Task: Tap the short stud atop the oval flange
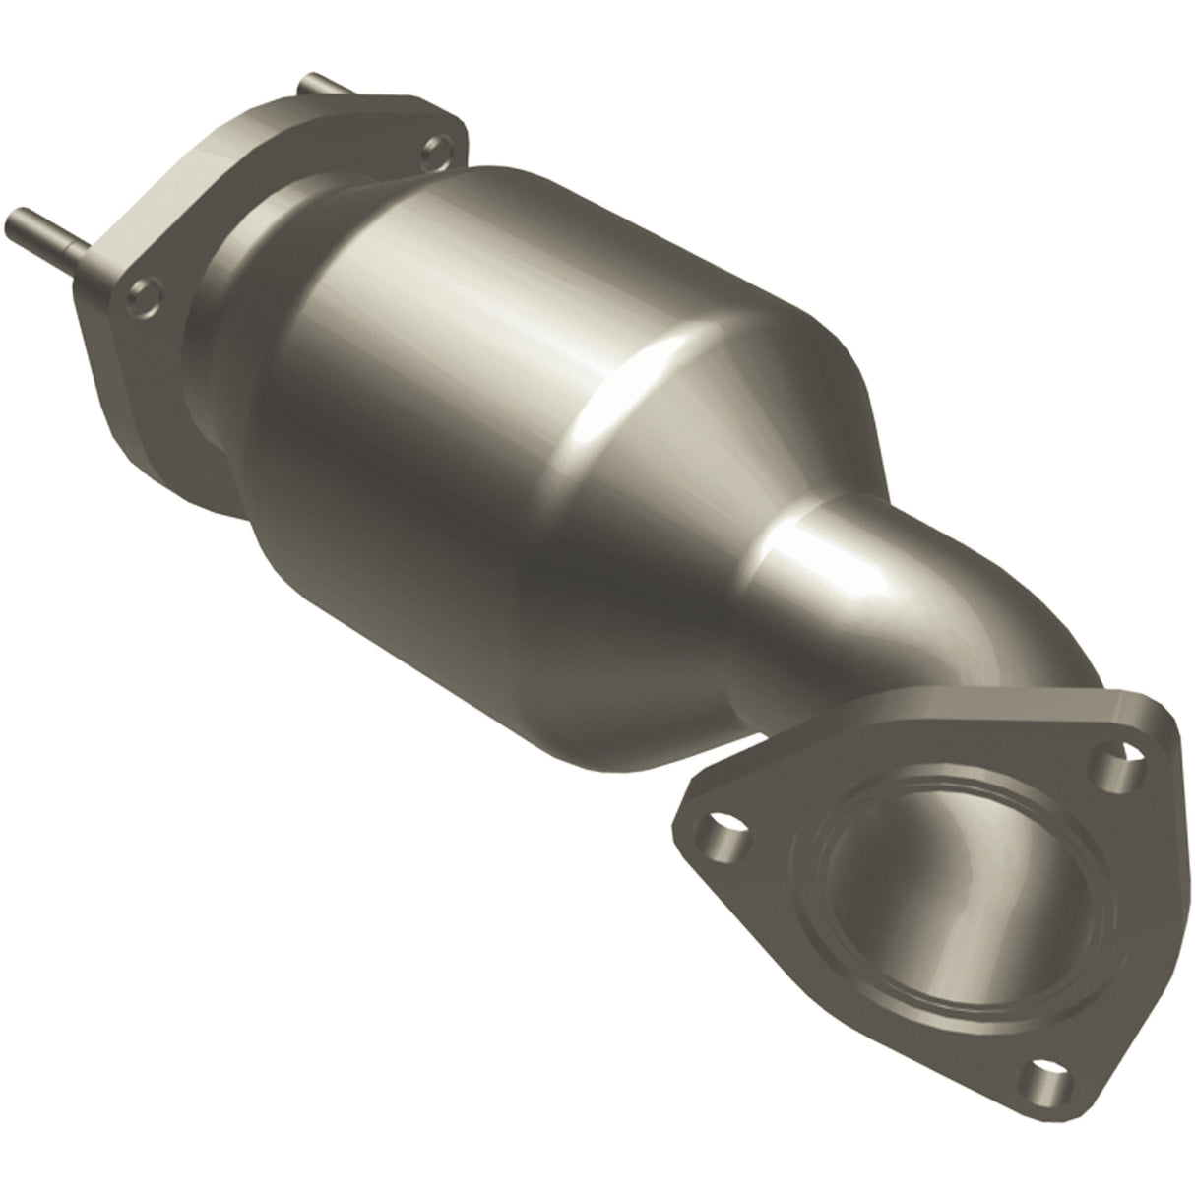click(x=320, y=88)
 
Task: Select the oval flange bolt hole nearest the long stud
click(x=142, y=293)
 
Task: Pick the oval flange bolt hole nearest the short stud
click(x=432, y=151)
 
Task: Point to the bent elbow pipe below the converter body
click(x=886, y=610)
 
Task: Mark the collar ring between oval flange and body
click(x=236, y=325)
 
